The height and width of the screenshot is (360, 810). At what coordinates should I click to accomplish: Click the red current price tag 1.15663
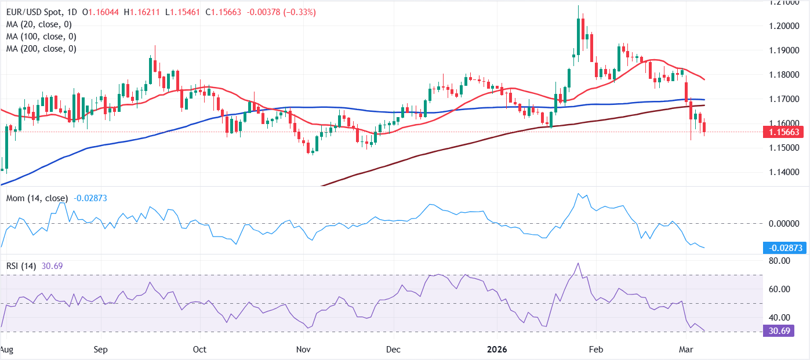pyautogui.click(x=786, y=132)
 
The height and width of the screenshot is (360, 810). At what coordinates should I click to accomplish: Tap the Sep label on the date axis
pyautogui.click(x=101, y=350)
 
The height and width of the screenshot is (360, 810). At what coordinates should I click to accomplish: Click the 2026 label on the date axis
pyautogui.click(x=496, y=350)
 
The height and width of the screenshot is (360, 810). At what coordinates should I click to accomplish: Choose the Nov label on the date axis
pyautogui.click(x=303, y=350)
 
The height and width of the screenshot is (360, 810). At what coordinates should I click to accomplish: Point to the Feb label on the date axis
pyautogui.click(x=596, y=350)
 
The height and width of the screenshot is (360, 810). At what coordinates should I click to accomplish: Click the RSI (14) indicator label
pyautogui.click(x=21, y=266)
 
